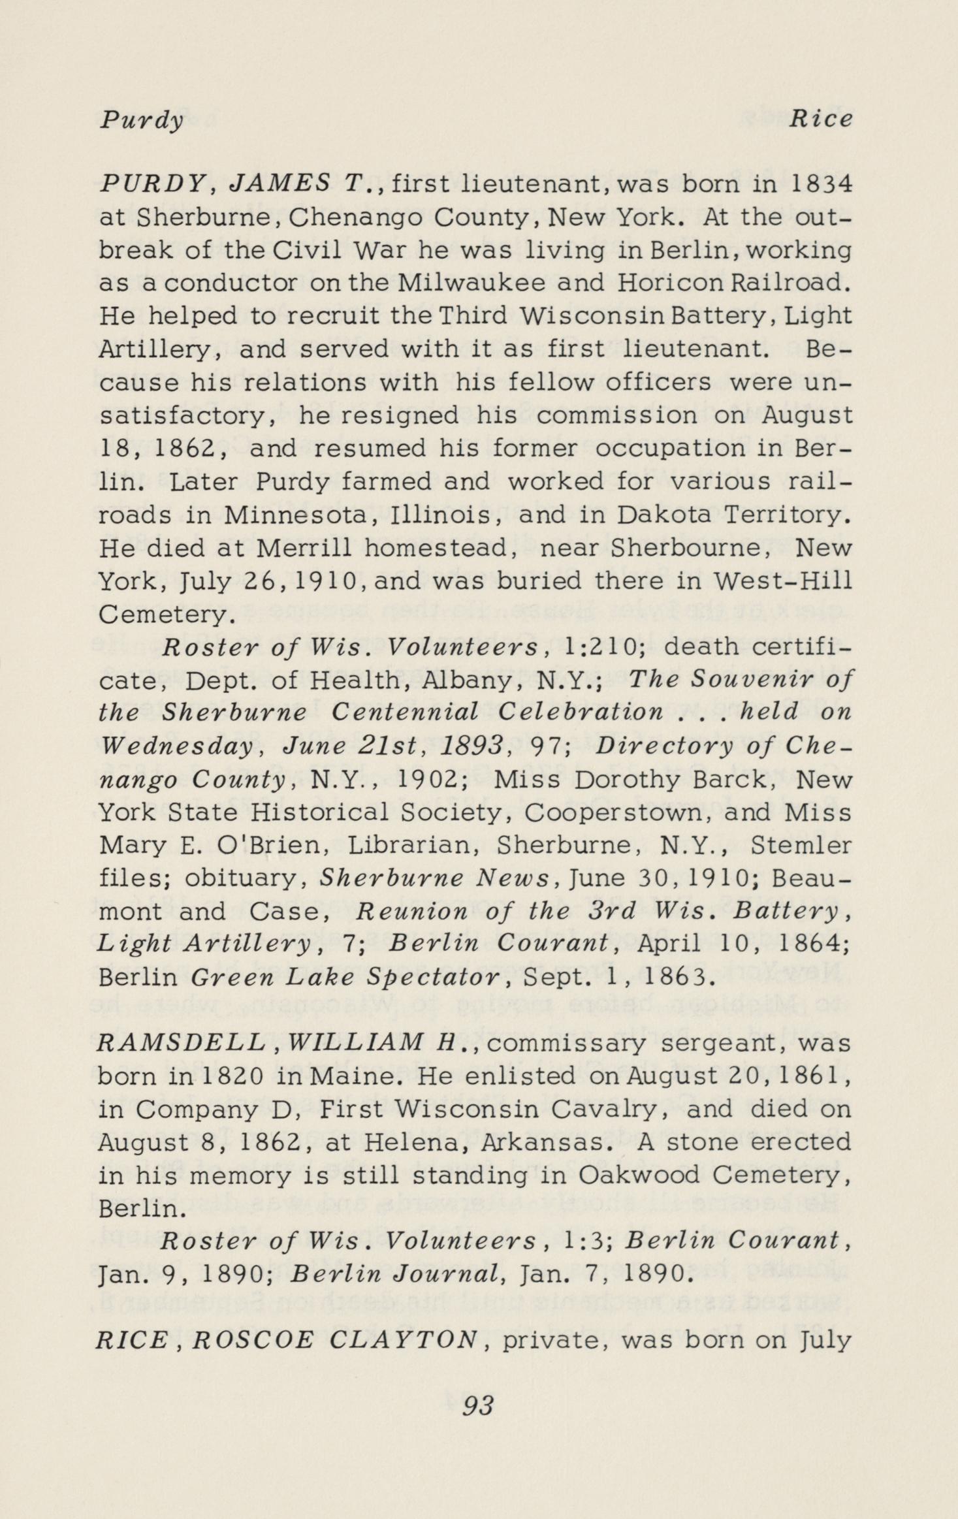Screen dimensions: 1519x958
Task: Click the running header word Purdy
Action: [141, 120]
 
